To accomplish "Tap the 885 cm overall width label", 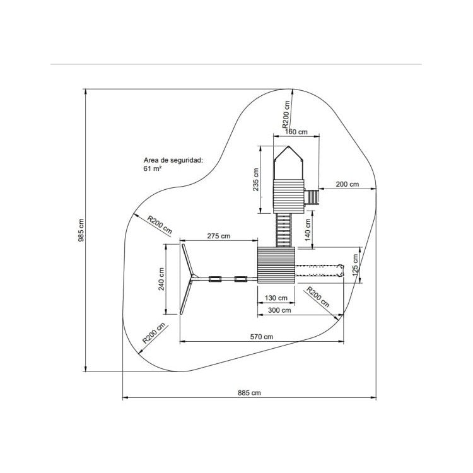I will (249, 392).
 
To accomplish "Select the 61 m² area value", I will (153, 169).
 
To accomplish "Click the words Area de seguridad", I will (172, 161).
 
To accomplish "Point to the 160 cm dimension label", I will (296, 132).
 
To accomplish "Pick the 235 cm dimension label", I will (255, 180).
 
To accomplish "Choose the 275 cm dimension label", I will (218, 235).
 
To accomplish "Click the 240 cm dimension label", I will (161, 278).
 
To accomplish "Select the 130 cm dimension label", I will (276, 298).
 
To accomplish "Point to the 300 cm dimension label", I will (279, 310).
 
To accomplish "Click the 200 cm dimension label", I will (346, 184).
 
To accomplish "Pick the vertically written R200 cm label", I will (286, 114).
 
